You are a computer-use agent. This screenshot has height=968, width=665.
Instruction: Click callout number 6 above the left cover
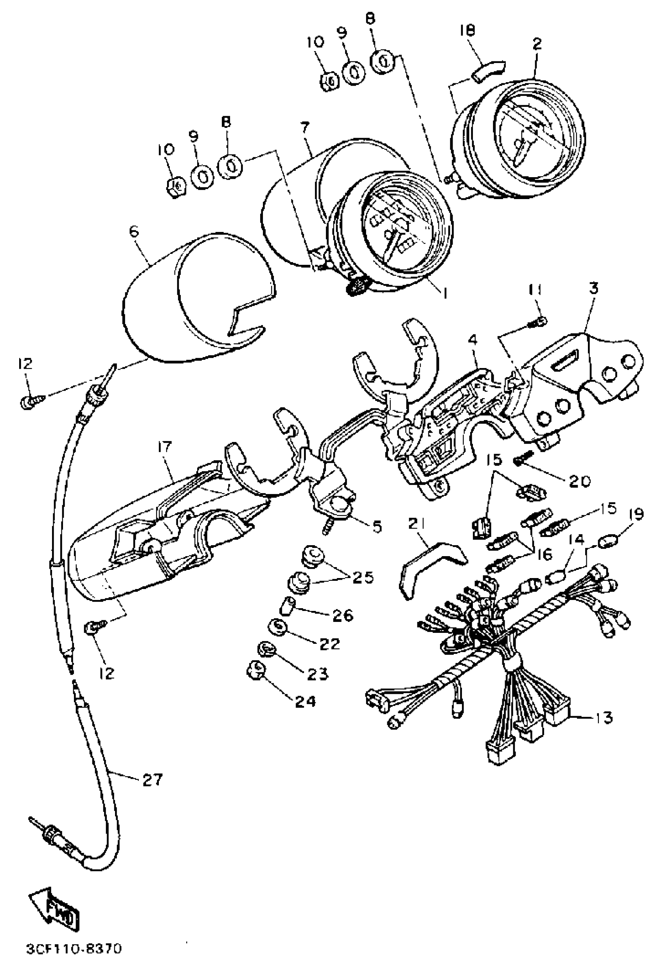134,232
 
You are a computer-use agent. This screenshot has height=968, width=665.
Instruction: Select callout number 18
468,31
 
